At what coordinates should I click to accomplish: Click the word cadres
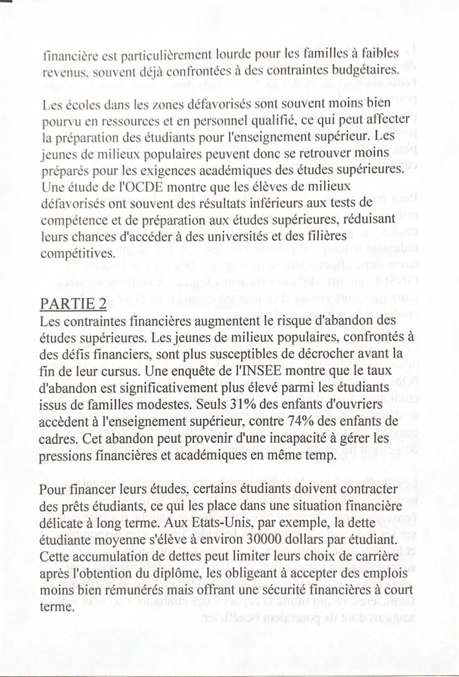pyautogui.click(x=55, y=439)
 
